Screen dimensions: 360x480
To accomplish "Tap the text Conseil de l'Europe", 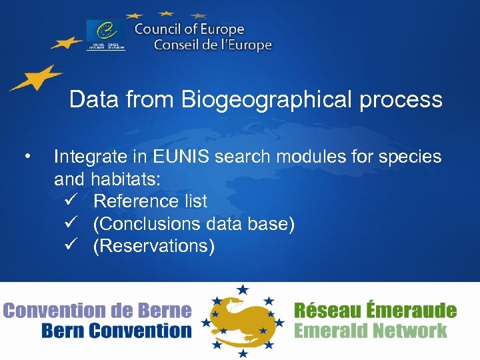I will pos(213,45).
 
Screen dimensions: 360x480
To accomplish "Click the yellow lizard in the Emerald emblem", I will pos(241,319).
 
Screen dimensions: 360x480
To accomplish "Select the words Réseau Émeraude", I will pos(375,311).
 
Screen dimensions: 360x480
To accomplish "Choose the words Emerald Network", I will pos(370,331).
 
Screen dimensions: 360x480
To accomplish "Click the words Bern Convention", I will pos(115,331).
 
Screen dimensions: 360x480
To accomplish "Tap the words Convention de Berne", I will pos(97,311).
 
